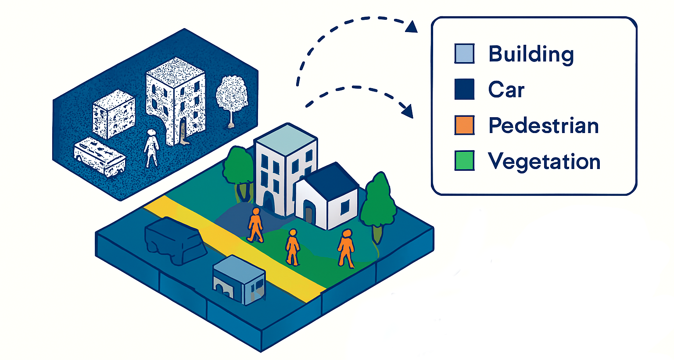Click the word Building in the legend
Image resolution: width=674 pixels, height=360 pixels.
pyautogui.click(x=531, y=54)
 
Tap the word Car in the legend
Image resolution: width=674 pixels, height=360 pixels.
pyautogui.click(x=506, y=90)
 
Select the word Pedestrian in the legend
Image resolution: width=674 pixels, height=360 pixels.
pyautogui.click(x=543, y=126)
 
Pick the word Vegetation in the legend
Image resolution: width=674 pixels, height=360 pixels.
pyautogui.click(x=544, y=161)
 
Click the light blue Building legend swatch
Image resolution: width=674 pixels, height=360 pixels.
pyautogui.click(x=464, y=54)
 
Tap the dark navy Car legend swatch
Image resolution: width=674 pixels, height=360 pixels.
pyautogui.click(x=464, y=89)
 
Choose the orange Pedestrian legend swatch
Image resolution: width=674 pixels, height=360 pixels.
pyautogui.click(x=464, y=125)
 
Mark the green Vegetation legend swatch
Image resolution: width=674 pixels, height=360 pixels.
pyautogui.click(x=464, y=161)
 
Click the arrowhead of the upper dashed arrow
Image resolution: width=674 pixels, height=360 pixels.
pyautogui.click(x=411, y=27)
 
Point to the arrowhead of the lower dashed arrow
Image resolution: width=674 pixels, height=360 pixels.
pyautogui.click(x=408, y=111)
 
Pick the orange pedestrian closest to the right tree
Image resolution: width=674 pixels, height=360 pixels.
pyautogui.click(x=346, y=248)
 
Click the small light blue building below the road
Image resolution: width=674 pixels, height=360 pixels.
pyautogui.click(x=239, y=279)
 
